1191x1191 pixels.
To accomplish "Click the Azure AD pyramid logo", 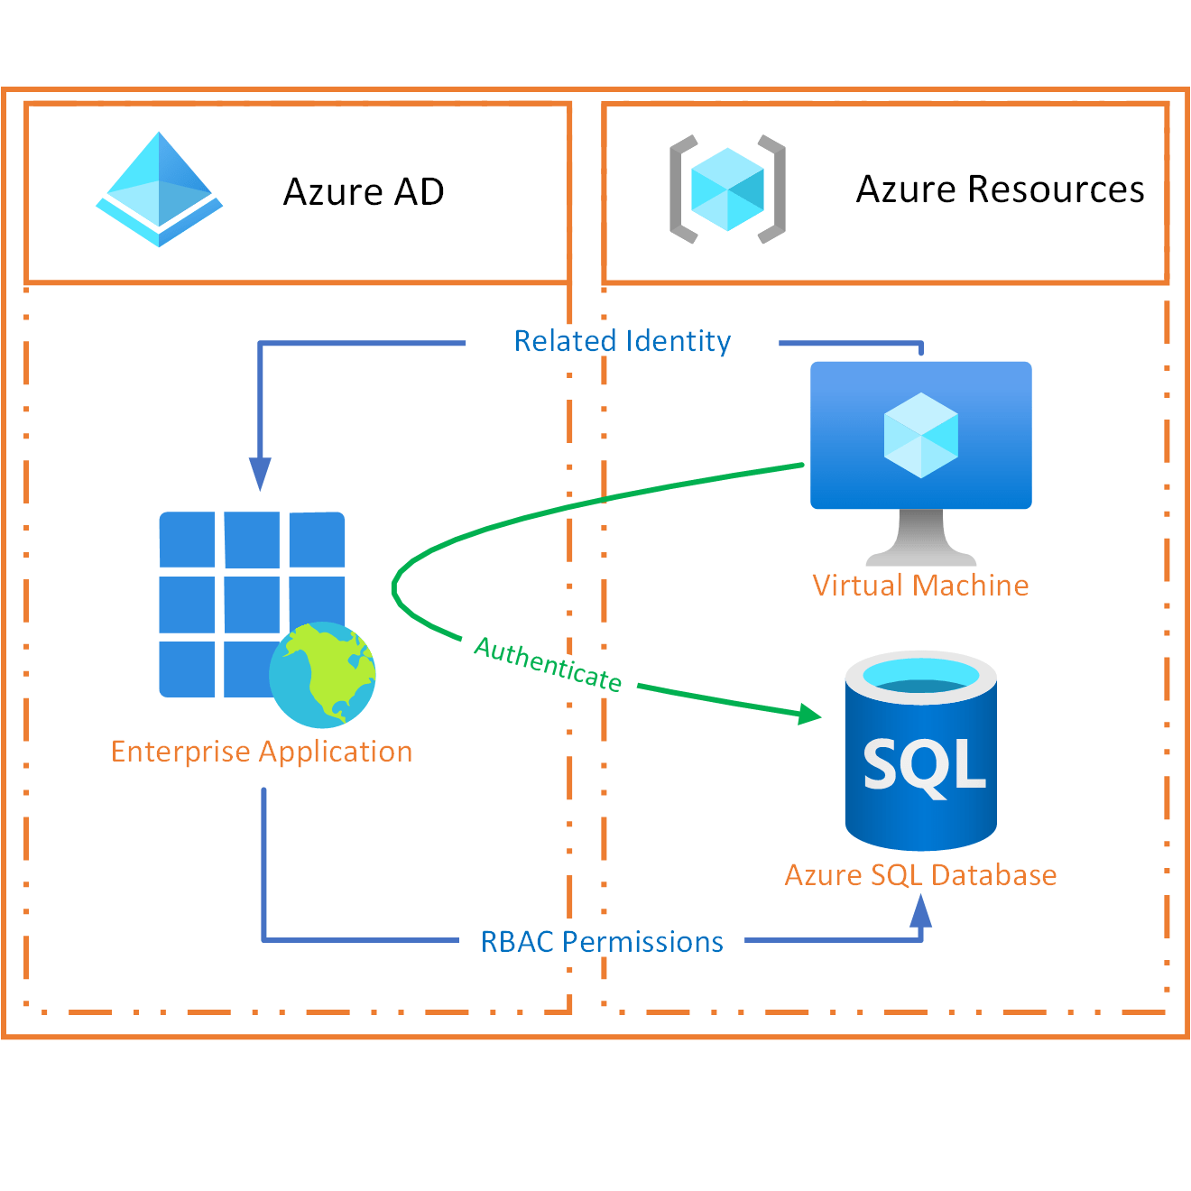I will (160, 191).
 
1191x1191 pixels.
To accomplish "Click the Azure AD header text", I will (364, 192).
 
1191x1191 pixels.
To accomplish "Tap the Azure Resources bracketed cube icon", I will (727, 189).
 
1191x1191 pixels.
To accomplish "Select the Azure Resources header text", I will (1000, 189).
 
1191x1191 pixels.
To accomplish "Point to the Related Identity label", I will (622, 341).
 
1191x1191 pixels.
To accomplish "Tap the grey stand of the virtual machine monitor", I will (921, 540).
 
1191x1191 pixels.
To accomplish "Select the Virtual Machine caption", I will (920, 586).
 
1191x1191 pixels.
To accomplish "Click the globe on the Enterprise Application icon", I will (323, 675).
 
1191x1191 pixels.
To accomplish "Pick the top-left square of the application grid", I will (188, 539).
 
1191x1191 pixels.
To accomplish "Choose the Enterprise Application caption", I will (262, 752).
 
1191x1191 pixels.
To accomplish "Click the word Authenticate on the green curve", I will (549, 663).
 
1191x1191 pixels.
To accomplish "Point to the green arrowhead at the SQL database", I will (808, 715).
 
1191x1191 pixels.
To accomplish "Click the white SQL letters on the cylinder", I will (923, 765).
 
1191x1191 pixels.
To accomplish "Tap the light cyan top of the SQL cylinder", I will (921, 676).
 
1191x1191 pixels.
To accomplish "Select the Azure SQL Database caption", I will (920, 875).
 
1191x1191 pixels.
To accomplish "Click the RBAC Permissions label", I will (602, 942).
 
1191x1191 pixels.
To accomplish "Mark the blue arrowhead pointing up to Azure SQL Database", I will (920, 913).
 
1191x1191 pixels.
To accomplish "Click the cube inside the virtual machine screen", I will (921, 435).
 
